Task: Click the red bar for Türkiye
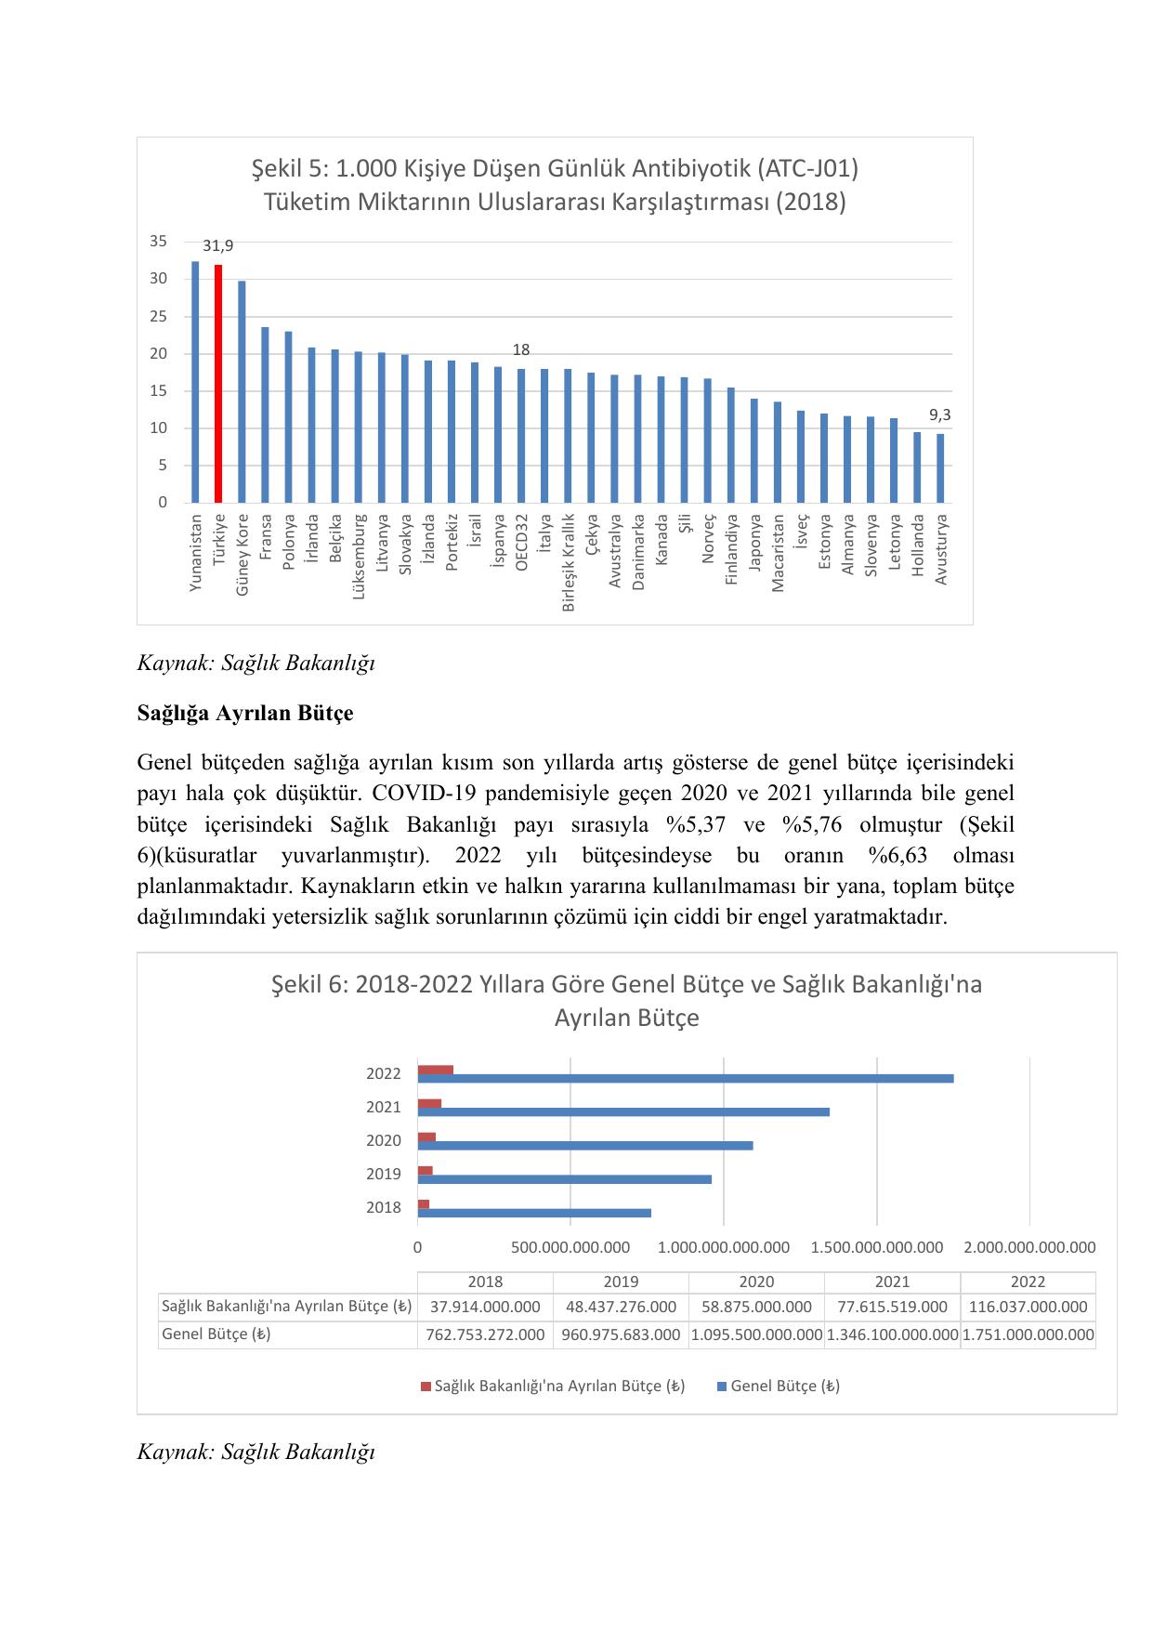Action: [218, 383]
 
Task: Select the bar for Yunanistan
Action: [195, 382]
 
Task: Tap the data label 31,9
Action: [218, 246]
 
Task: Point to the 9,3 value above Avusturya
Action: [940, 415]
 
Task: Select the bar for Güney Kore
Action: [242, 391]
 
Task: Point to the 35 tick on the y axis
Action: [159, 242]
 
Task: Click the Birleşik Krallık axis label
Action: [569, 562]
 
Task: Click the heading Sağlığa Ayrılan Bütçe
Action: [245, 713]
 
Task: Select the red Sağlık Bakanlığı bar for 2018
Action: [424, 1203]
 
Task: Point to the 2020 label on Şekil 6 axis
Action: [384, 1140]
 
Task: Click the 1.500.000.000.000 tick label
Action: [876, 1247]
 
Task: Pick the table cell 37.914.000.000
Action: [485, 1307]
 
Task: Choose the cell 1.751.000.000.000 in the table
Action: [1028, 1334]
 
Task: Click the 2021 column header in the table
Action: [892, 1282]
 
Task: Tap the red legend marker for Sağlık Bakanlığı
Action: [426, 1387]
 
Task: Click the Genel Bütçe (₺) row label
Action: [216, 1334]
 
